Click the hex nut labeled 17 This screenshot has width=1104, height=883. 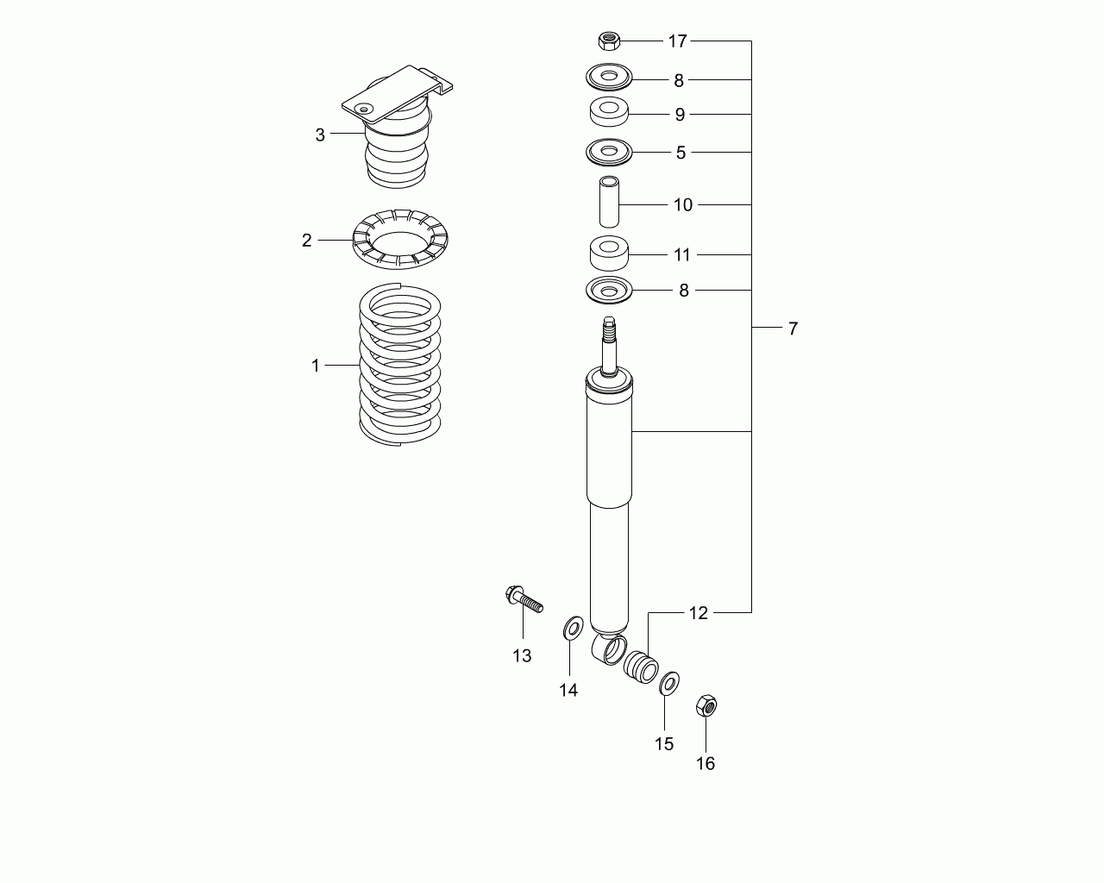[x=610, y=41]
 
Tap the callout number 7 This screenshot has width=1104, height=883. [x=793, y=329]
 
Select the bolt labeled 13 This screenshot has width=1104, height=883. [x=524, y=599]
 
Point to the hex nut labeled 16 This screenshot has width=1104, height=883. [x=706, y=706]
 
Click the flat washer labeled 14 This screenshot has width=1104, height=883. [x=573, y=628]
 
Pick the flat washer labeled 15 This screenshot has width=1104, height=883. [x=669, y=684]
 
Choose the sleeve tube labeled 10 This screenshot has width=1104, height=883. [x=609, y=201]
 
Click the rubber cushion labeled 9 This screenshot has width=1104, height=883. [x=609, y=112]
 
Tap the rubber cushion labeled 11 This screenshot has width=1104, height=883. [x=609, y=253]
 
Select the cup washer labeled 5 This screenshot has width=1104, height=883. [x=609, y=152]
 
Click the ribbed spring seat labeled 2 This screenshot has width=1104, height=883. [x=400, y=239]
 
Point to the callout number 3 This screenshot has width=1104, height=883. [x=320, y=135]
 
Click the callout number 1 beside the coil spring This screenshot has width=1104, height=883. [x=316, y=366]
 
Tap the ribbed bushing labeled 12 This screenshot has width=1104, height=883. [x=641, y=667]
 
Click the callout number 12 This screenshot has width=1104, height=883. [x=699, y=613]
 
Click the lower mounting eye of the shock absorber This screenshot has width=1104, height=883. [x=610, y=648]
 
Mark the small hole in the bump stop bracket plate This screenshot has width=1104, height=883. [x=364, y=109]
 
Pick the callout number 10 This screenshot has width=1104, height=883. [x=683, y=205]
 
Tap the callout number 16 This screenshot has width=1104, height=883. [x=706, y=764]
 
